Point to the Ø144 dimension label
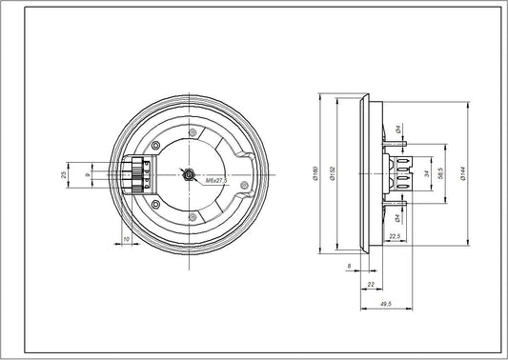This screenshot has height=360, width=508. click(461, 173)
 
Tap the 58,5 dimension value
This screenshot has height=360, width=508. click(441, 173)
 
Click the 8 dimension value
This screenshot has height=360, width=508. click(350, 266)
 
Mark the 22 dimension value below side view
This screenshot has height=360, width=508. click(368, 284)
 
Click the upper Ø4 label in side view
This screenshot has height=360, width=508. click(398, 129)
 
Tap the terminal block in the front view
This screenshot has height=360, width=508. click(139, 174)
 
